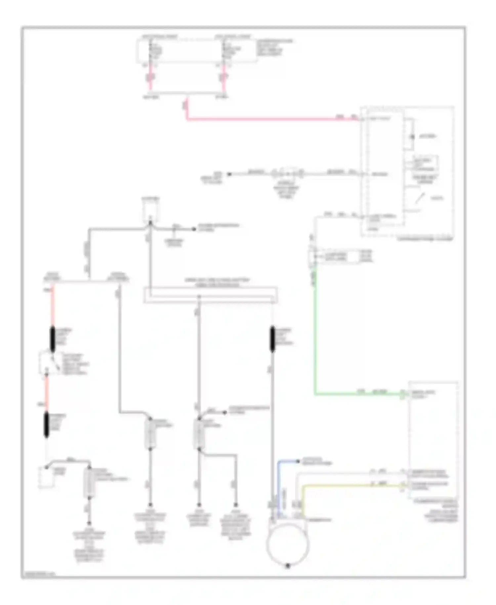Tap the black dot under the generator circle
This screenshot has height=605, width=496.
288,566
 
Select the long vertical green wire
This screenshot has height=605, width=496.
315,331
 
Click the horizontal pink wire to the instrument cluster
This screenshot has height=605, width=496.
271,119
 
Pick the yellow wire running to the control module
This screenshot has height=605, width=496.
351,486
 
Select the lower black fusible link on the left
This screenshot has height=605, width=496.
46,425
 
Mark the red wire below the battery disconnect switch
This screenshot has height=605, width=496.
47,394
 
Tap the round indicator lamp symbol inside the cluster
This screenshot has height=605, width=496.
412,137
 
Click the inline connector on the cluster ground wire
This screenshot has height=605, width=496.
287,174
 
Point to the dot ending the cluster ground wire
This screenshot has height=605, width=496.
228,174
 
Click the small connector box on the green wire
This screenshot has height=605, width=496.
334,256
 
